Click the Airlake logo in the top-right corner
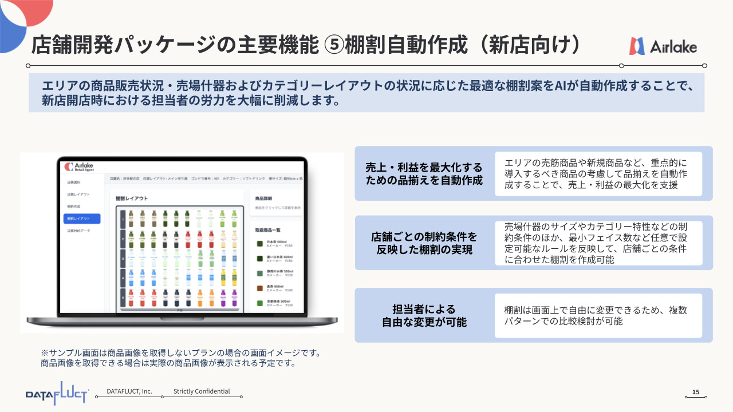pyautogui.click(x=663, y=46)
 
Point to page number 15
pyautogui.click(x=696, y=392)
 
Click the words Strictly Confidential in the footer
pyautogui.click(x=202, y=391)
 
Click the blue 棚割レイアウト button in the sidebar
pyautogui.click(x=82, y=219)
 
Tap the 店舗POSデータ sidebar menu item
pyautogui.click(x=78, y=231)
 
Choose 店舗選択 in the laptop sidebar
pyautogui.click(x=73, y=183)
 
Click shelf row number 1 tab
pyautogui.click(x=122, y=219)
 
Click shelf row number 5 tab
pyautogui.click(x=122, y=298)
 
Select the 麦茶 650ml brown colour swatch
pyautogui.click(x=259, y=288)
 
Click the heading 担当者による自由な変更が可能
pyautogui.click(x=424, y=315)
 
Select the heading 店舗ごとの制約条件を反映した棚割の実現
pyautogui.click(x=424, y=243)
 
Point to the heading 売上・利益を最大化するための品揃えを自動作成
pyautogui.click(x=424, y=174)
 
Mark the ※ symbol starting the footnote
pyautogui.click(x=44, y=353)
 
